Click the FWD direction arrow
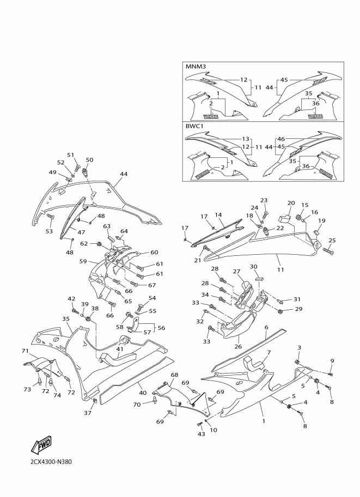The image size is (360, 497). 41,445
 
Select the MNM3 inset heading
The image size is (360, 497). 196,67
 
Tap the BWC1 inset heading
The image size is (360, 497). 194,126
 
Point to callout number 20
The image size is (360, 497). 291,203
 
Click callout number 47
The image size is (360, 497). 82,232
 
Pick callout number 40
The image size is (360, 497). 143,392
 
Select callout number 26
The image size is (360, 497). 238,346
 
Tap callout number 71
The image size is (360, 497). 26,351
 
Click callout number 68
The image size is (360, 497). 174,375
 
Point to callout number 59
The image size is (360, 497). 83,261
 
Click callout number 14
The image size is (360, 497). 218,214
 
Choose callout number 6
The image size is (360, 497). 266,327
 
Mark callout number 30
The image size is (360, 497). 253,267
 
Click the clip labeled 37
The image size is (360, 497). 95,402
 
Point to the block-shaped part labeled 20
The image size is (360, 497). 285,218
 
